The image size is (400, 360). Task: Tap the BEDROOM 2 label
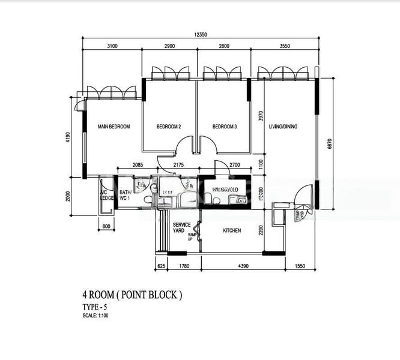click(169, 127)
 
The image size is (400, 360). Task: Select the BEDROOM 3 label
click(225, 127)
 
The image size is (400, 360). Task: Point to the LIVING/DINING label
click(283, 127)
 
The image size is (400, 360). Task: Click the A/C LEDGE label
click(107, 196)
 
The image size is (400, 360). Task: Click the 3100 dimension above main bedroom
click(112, 46)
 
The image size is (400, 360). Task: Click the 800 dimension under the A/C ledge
click(107, 227)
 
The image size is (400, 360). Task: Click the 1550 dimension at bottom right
click(300, 265)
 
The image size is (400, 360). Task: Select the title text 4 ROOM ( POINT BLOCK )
click(132, 295)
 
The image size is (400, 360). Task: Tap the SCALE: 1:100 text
click(96, 315)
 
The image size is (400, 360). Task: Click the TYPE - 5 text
click(95, 307)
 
